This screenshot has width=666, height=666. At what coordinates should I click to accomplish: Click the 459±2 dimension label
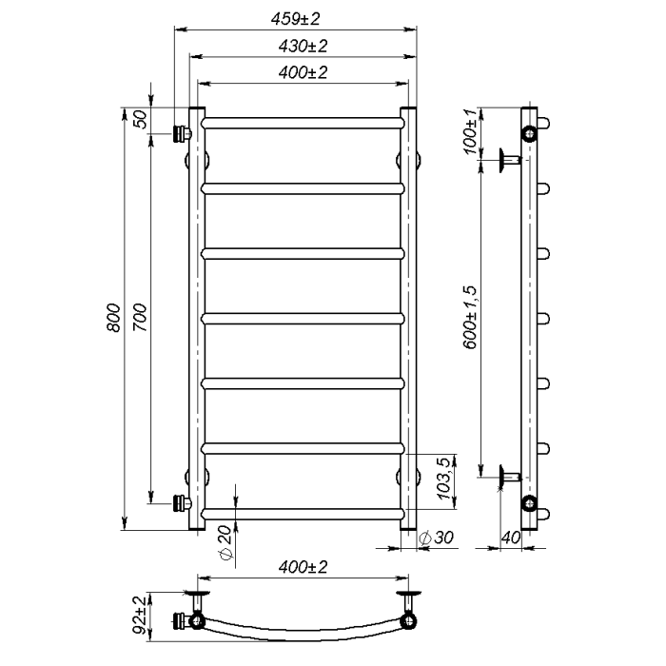(x=295, y=19)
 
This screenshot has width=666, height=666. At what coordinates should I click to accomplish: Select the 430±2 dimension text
(x=303, y=46)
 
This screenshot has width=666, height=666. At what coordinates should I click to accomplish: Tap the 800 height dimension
(x=114, y=318)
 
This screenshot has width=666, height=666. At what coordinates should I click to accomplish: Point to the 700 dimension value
(x=140, y=318)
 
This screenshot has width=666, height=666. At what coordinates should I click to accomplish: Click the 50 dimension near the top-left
(x=141, y=119)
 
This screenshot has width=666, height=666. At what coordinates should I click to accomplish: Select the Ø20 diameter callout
(x=225, y=543)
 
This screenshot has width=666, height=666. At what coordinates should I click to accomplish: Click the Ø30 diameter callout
(x=436, y=538)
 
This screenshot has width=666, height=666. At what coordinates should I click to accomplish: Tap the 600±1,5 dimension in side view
(x=471, y=318)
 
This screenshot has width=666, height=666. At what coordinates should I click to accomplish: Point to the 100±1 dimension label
(x=471, y=132)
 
